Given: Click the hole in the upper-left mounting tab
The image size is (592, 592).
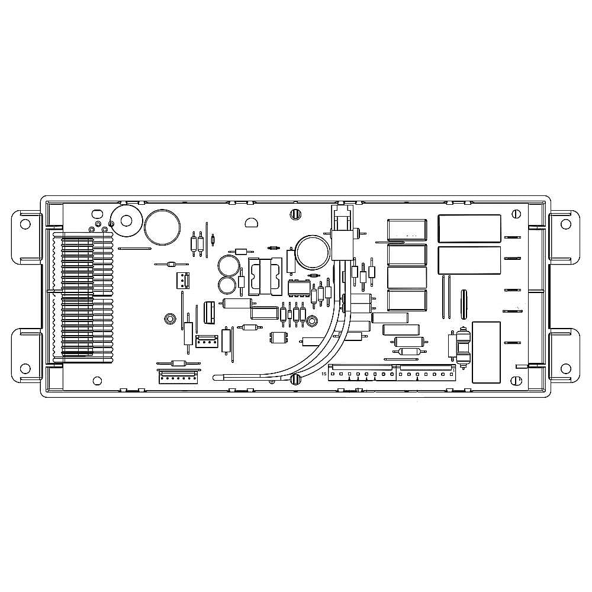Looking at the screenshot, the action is pos(25,224).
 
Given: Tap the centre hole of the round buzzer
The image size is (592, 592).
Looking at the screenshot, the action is pos(127,221).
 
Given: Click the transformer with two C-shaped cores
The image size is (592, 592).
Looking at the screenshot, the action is pos(265,276).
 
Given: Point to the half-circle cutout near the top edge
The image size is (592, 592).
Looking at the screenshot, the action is pos(251,223).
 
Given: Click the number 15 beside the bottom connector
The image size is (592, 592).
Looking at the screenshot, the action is pos(323,374).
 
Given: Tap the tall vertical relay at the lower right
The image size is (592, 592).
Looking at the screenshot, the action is pos(486,352).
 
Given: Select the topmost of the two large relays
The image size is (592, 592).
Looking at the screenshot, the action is pos(469,229).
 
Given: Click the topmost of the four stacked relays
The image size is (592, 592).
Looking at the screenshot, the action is pos(407,230).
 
